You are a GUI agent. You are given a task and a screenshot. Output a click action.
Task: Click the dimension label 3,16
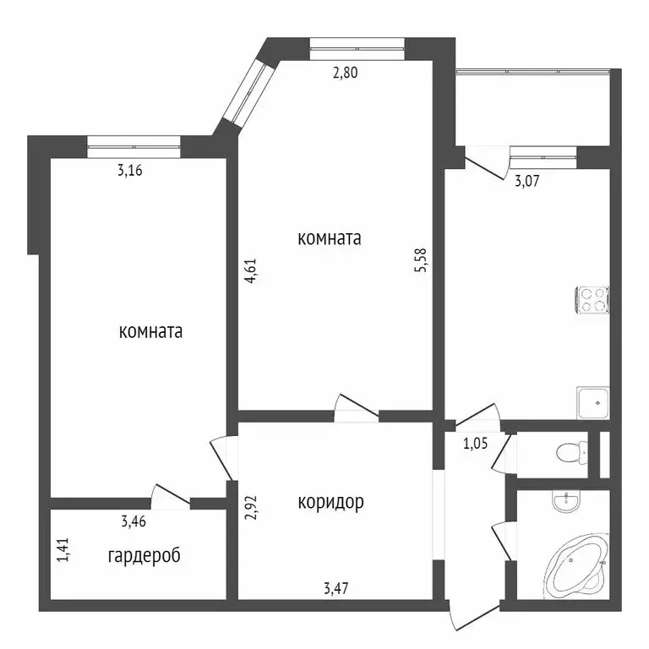[129, 171]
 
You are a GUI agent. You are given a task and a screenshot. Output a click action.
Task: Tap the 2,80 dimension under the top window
[345, 73]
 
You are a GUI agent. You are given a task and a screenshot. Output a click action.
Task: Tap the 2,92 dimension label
[251, 505]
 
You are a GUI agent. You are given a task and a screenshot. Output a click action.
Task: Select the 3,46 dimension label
[134, 521]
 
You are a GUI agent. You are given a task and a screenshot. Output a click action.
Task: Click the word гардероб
[145, 556]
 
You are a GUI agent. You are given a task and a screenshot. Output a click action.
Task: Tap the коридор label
[330, 503]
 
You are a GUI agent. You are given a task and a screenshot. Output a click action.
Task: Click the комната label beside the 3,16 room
[151, 332]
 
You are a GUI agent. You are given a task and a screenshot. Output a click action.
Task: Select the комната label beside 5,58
[330, 238]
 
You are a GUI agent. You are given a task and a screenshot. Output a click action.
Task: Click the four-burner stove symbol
[593, 299]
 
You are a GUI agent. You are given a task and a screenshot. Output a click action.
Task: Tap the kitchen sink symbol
[593, 403]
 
